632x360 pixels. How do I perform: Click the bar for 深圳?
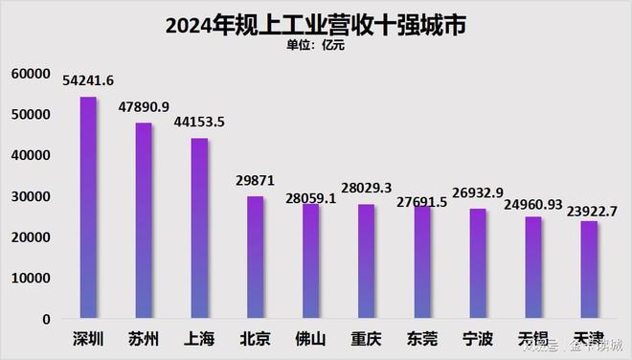pyautogui.click(x=87, y=208)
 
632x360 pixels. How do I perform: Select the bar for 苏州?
pyautogui.click(x=144, y=220)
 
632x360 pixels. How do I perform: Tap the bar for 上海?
pyautogui.click(x=199, y=228)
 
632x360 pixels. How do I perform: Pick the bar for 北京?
pyautogui.click(x=255, y=258)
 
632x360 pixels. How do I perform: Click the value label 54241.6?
pyautogui.click(x=88, y=79)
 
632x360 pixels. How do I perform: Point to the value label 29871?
pyautogui.click(x=256, y=180)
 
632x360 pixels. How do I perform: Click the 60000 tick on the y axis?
pyautogui.click(x=31, y=73)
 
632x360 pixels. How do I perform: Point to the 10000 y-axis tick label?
pyautogui.click(x=31, y=279)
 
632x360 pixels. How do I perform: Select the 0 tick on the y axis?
pyautogui.click(x=44, y=320)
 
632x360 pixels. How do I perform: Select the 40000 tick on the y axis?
pyautogui.click(x=31, y=155)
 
